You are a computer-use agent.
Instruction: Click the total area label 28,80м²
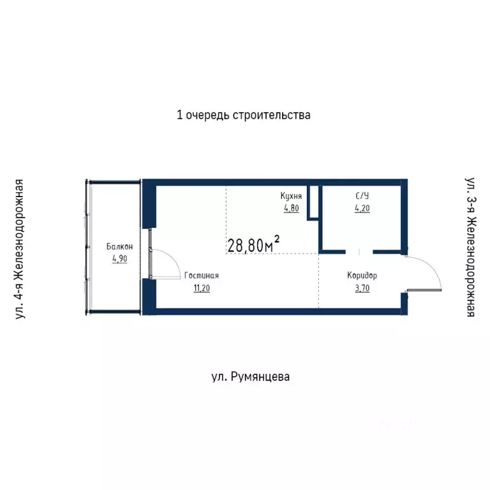(x=253, y=245)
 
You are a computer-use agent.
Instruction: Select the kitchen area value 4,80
(x=291, y=208)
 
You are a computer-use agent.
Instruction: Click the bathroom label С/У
(x=361, y=197)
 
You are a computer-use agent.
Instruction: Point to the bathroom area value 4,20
(x=362, y=208)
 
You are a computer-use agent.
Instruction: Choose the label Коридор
(x=362, y=276)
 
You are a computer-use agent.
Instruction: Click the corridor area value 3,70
(x=362, y=288)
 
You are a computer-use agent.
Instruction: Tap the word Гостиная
(x=202, y=276)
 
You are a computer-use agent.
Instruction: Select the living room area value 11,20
(x=202, y=288)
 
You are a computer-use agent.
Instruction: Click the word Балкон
(x=120, y=247)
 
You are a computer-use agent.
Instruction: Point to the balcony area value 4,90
(x=120, y=258)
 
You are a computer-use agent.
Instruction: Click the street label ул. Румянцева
(x=250, y=377)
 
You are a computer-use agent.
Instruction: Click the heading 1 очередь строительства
(x=243, y=115)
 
